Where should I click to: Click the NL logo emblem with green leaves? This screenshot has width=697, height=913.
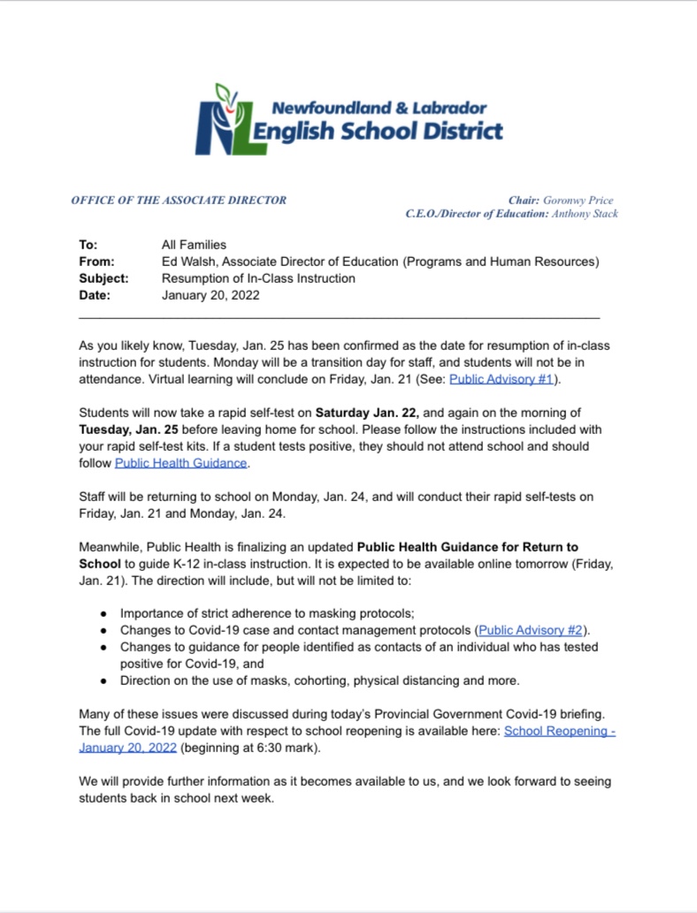pos(222,119)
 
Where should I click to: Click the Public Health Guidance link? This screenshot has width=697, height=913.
pos(181,462)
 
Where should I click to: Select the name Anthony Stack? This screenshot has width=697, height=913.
pos(585,214)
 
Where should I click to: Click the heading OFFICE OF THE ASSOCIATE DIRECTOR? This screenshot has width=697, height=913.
pos(179,201)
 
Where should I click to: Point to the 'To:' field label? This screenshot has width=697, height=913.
pos(88,245)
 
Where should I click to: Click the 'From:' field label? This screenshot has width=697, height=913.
pos(96,262)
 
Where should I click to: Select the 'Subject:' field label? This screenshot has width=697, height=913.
pos(103,278)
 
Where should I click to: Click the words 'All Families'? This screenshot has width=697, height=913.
pos(194,245)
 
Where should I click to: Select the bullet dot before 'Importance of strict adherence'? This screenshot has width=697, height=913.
pos(103,613)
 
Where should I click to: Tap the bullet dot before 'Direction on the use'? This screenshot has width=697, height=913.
pos(103,681)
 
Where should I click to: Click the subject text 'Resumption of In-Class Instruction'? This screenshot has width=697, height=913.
pos(258,278)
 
